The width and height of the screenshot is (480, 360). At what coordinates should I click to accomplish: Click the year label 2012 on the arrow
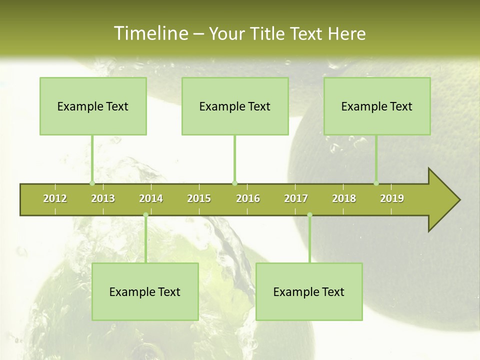pos(55,198)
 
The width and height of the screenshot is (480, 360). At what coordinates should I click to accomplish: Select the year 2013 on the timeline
pos(103,198)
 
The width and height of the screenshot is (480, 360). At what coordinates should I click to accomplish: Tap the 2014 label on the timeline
pos(151,198)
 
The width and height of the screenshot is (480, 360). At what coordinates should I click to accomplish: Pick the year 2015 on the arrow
pos(199,198)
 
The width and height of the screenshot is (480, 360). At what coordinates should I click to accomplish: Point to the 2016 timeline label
pos(247,198)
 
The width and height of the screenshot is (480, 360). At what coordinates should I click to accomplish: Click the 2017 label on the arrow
pos(296,198)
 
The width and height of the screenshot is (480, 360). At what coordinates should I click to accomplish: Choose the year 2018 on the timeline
pos(344,198)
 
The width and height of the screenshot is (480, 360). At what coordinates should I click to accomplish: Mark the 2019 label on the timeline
pos(392,198)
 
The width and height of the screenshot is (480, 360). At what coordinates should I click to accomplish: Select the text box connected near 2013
pos(93,106)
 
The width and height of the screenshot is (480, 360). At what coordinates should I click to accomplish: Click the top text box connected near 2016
pos(235,106)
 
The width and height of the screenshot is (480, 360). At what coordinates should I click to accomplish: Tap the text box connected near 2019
pos(377,106)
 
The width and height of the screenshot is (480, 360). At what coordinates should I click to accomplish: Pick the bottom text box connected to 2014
pos(145,291)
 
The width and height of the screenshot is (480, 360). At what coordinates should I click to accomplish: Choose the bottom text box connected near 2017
pos(309,291)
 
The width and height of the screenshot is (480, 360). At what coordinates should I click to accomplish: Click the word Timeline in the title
pos(150,33)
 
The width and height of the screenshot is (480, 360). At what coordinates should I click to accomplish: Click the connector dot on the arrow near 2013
pos(92,183)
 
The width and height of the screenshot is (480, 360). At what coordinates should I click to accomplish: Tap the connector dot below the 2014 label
pos(145,215)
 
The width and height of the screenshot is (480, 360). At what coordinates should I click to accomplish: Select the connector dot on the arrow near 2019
pos(376,183)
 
